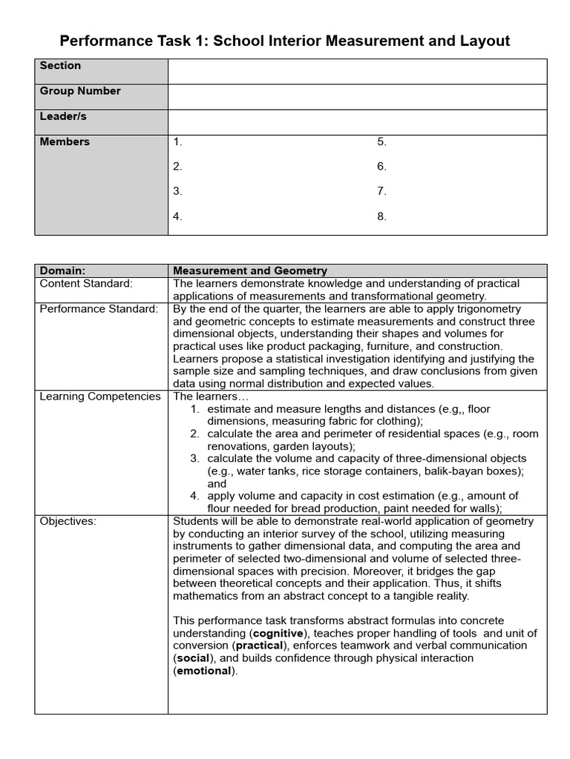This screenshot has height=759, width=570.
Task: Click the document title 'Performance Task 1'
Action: [x=284, y=41]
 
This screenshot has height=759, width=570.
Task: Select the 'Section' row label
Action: [x=61, y=66]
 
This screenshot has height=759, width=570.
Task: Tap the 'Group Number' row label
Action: [x=80, y=91]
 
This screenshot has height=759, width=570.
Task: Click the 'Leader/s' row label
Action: [x=63, y=116]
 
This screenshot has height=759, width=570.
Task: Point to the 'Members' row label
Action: [x=65, y=142]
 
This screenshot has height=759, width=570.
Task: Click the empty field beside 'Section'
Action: [x=357, y=72]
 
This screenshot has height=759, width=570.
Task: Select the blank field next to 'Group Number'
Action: [x=357, y=97]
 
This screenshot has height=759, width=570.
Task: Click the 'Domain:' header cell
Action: [x=62, y=271]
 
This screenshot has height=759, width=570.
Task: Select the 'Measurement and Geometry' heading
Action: [x=249, y=271]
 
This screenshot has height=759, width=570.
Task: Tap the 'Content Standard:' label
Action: [x=86, y=284]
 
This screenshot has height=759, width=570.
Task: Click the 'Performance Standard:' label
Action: [x=99, y=309]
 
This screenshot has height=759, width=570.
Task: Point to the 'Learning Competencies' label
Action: [x=100, y=397]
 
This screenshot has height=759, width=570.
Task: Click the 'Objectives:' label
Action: [x=68, y=522]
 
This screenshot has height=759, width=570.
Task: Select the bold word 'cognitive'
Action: [x=278, y=634]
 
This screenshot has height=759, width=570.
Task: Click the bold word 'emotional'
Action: [x=204, y=672]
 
